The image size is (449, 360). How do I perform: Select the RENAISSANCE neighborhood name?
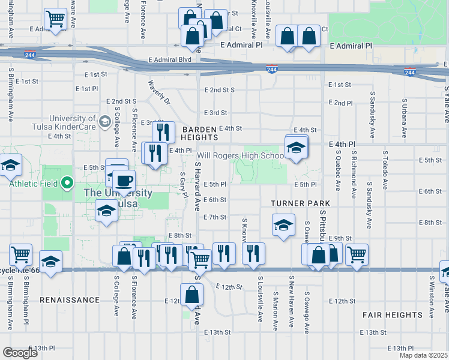pyautogui.click(x=70, y=299)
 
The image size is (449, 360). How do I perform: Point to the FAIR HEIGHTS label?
pyautogui.click(x=393, y=314)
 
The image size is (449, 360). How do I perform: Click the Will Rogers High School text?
pyautogui.click(x=241, y=156)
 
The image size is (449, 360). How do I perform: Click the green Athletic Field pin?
pyautogui.click(x=68, y=182)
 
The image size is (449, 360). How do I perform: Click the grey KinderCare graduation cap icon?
pyautogui.click(x=105, y=122)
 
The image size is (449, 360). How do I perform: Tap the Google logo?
pyautogui.click(x=20, y=353)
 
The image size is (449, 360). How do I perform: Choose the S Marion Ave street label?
pyautogui.click(x=275, y=311)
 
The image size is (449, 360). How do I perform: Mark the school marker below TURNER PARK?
pyautogui.click(x=283, y=226)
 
